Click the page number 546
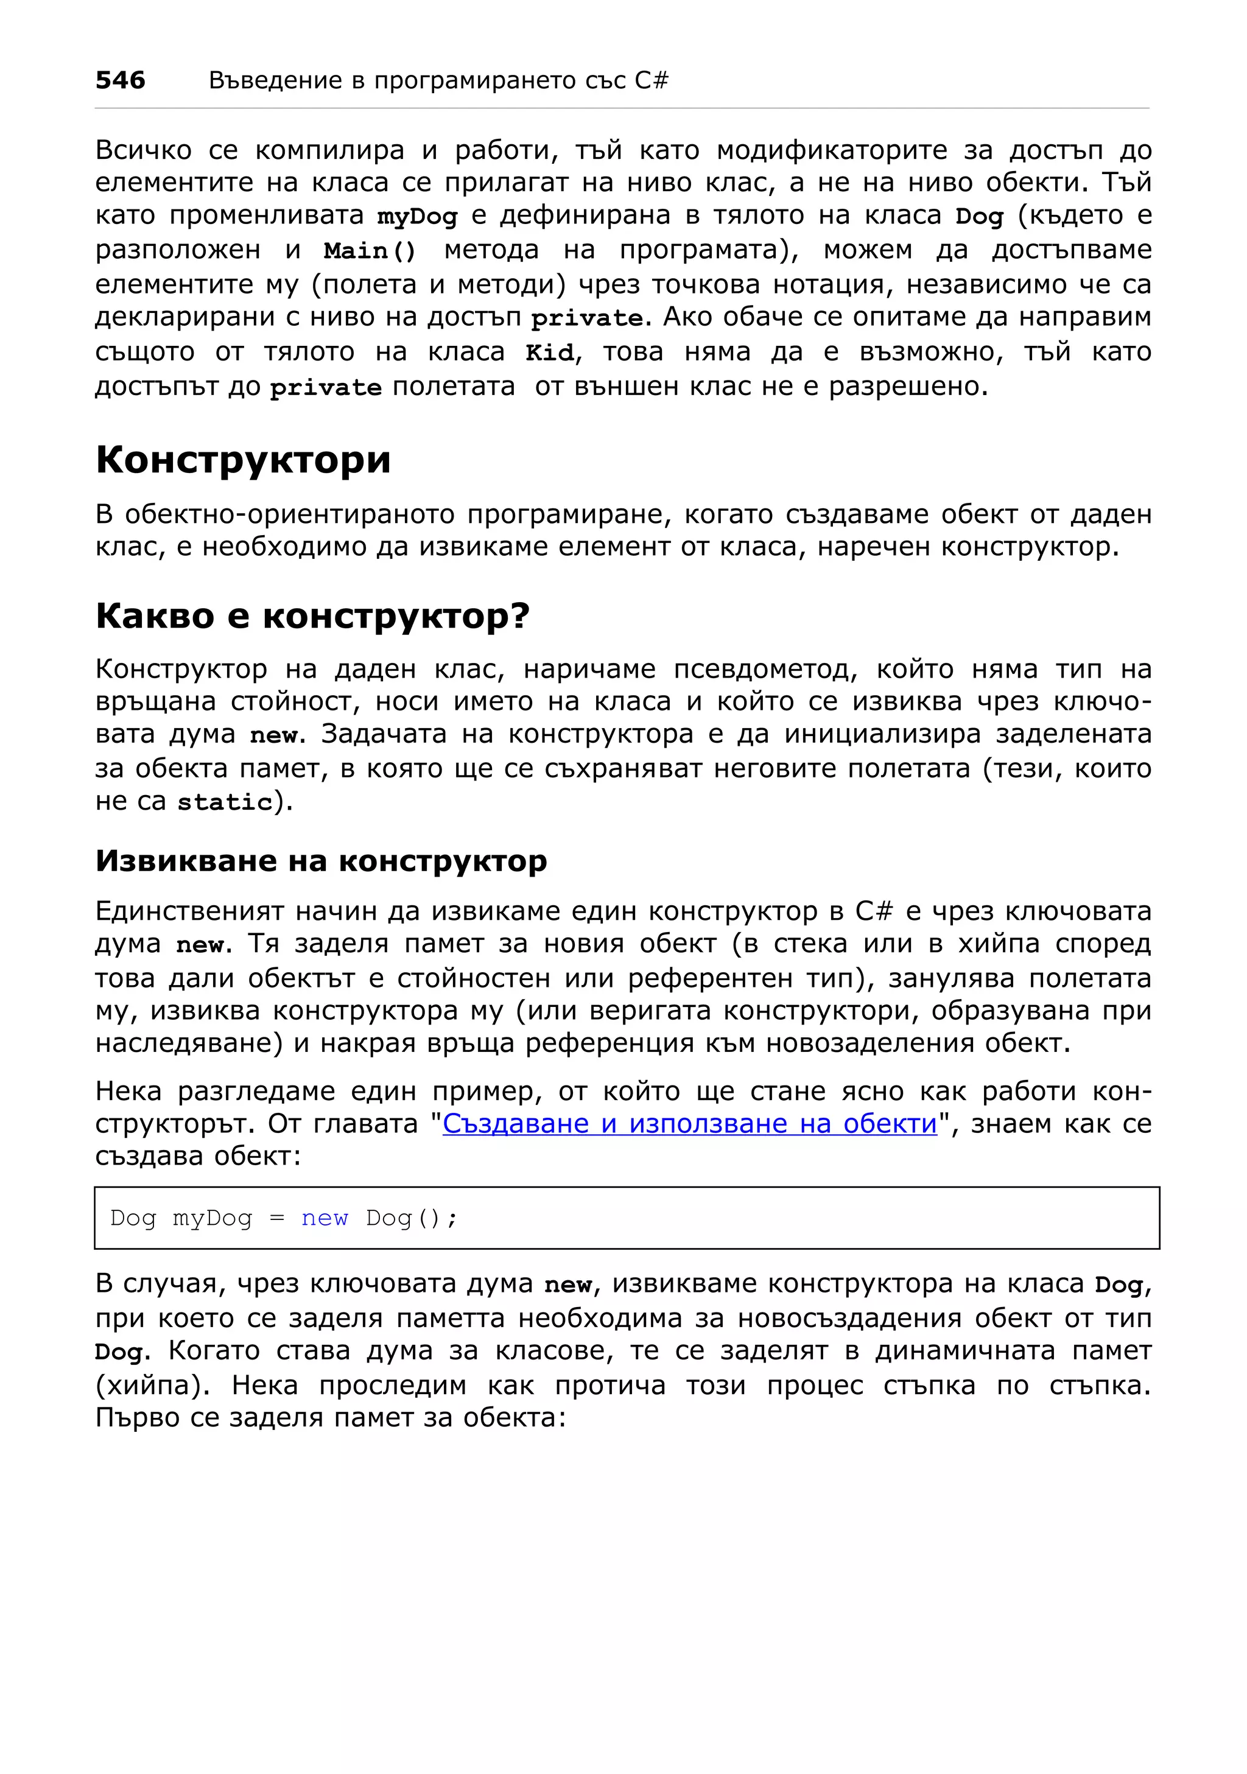(x=120, y=80)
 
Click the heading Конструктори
(x=242, y=460)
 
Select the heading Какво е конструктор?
(x=312, y=616)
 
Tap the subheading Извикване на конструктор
(x=321, y=861)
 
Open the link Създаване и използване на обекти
(x=689, y=1123)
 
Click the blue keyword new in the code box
(x=325, y=1218)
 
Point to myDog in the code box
(x=212, y=1218)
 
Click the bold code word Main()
(x=370, y=251)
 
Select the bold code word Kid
(x=549, y=353)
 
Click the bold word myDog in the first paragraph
(x=417, y=216)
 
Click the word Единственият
(x=189, y=912)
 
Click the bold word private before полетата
(x=325, y=388)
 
